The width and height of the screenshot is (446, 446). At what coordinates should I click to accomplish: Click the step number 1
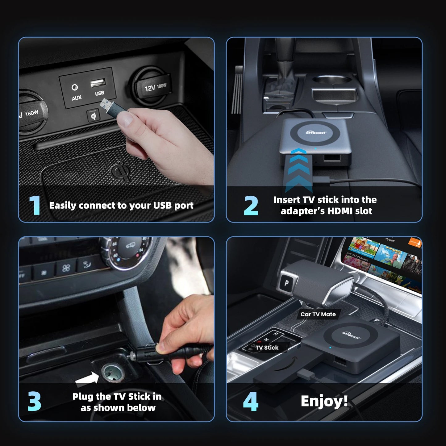pos(35,205)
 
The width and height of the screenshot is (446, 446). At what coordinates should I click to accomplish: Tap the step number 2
pos(251,206)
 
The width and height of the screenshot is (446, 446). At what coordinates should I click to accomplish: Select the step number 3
pos(34,402)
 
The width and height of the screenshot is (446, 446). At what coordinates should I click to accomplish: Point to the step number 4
pos(250,402)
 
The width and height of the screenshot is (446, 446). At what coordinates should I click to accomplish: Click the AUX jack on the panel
pos(75,88)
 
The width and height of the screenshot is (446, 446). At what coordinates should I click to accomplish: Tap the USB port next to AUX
pos(98,83)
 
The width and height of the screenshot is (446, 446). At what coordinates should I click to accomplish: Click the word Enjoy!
pos(324,401)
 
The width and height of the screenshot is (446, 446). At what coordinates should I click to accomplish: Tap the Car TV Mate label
pos(318,314)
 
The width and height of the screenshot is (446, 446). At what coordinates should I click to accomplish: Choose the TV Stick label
pos(267,348)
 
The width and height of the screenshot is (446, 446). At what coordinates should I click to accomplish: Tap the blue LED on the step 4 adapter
pos(330,348)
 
